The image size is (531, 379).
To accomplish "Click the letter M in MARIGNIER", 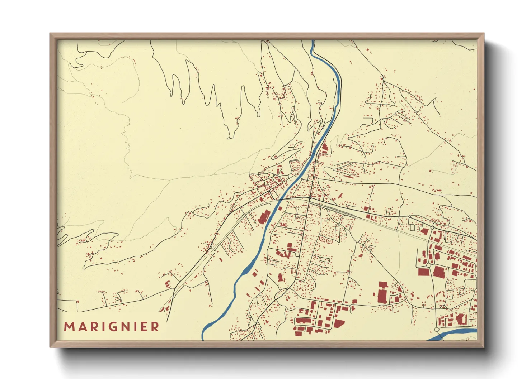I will [69, 327].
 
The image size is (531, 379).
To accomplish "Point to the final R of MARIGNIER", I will [155, 327].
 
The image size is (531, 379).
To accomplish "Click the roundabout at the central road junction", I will [310, 198].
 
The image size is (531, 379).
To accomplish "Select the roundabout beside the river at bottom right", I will [437, 329].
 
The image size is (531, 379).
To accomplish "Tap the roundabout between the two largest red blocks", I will [428, 265].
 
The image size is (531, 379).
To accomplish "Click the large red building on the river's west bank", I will [264, 216].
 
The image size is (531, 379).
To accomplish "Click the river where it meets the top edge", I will [313, 41].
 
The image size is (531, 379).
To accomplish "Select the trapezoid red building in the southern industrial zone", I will [339, 324].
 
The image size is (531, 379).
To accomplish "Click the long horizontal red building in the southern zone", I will [304, 320].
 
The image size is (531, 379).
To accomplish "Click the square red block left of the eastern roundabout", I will [424, 272].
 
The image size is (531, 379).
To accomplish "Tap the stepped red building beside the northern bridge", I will [324, 148].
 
